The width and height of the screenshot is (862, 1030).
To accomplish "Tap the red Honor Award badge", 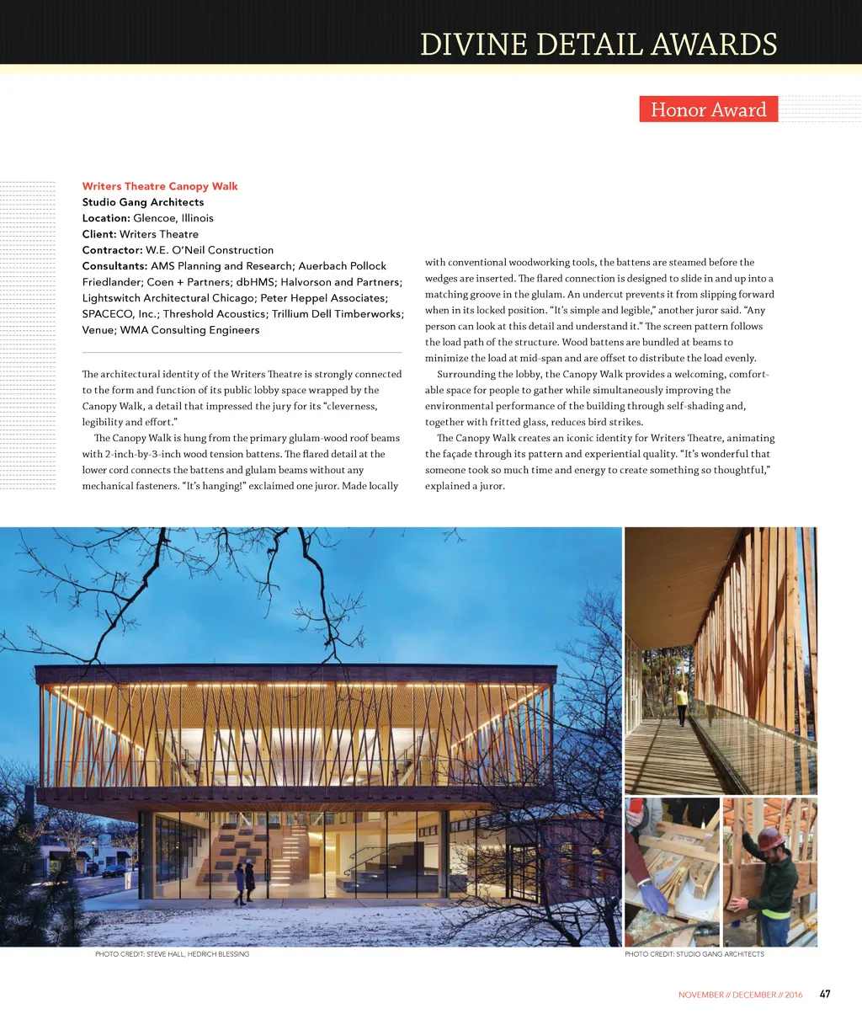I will (708, 109).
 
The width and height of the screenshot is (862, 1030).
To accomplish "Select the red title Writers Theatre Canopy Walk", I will (160, 186).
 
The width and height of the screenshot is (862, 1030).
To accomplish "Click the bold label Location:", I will (106, 218).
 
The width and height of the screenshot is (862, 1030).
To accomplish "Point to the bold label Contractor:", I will (112, 250).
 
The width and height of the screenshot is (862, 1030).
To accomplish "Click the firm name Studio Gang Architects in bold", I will (143, 202).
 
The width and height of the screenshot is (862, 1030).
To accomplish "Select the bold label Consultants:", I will (114, 266).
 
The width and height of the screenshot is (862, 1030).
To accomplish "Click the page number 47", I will (825, 994).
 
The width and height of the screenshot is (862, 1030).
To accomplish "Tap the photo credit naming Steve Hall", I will (172, 954).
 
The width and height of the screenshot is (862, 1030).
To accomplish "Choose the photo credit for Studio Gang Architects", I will (694, 954).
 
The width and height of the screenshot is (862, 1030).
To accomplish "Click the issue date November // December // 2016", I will (740, 995).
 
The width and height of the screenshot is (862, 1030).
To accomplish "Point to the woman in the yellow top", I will (681, 702).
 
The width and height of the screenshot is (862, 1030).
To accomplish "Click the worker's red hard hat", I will (768, 837).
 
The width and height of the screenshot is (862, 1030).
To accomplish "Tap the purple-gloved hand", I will (654, 898).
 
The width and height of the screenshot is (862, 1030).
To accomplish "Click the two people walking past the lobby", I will (244, 882).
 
